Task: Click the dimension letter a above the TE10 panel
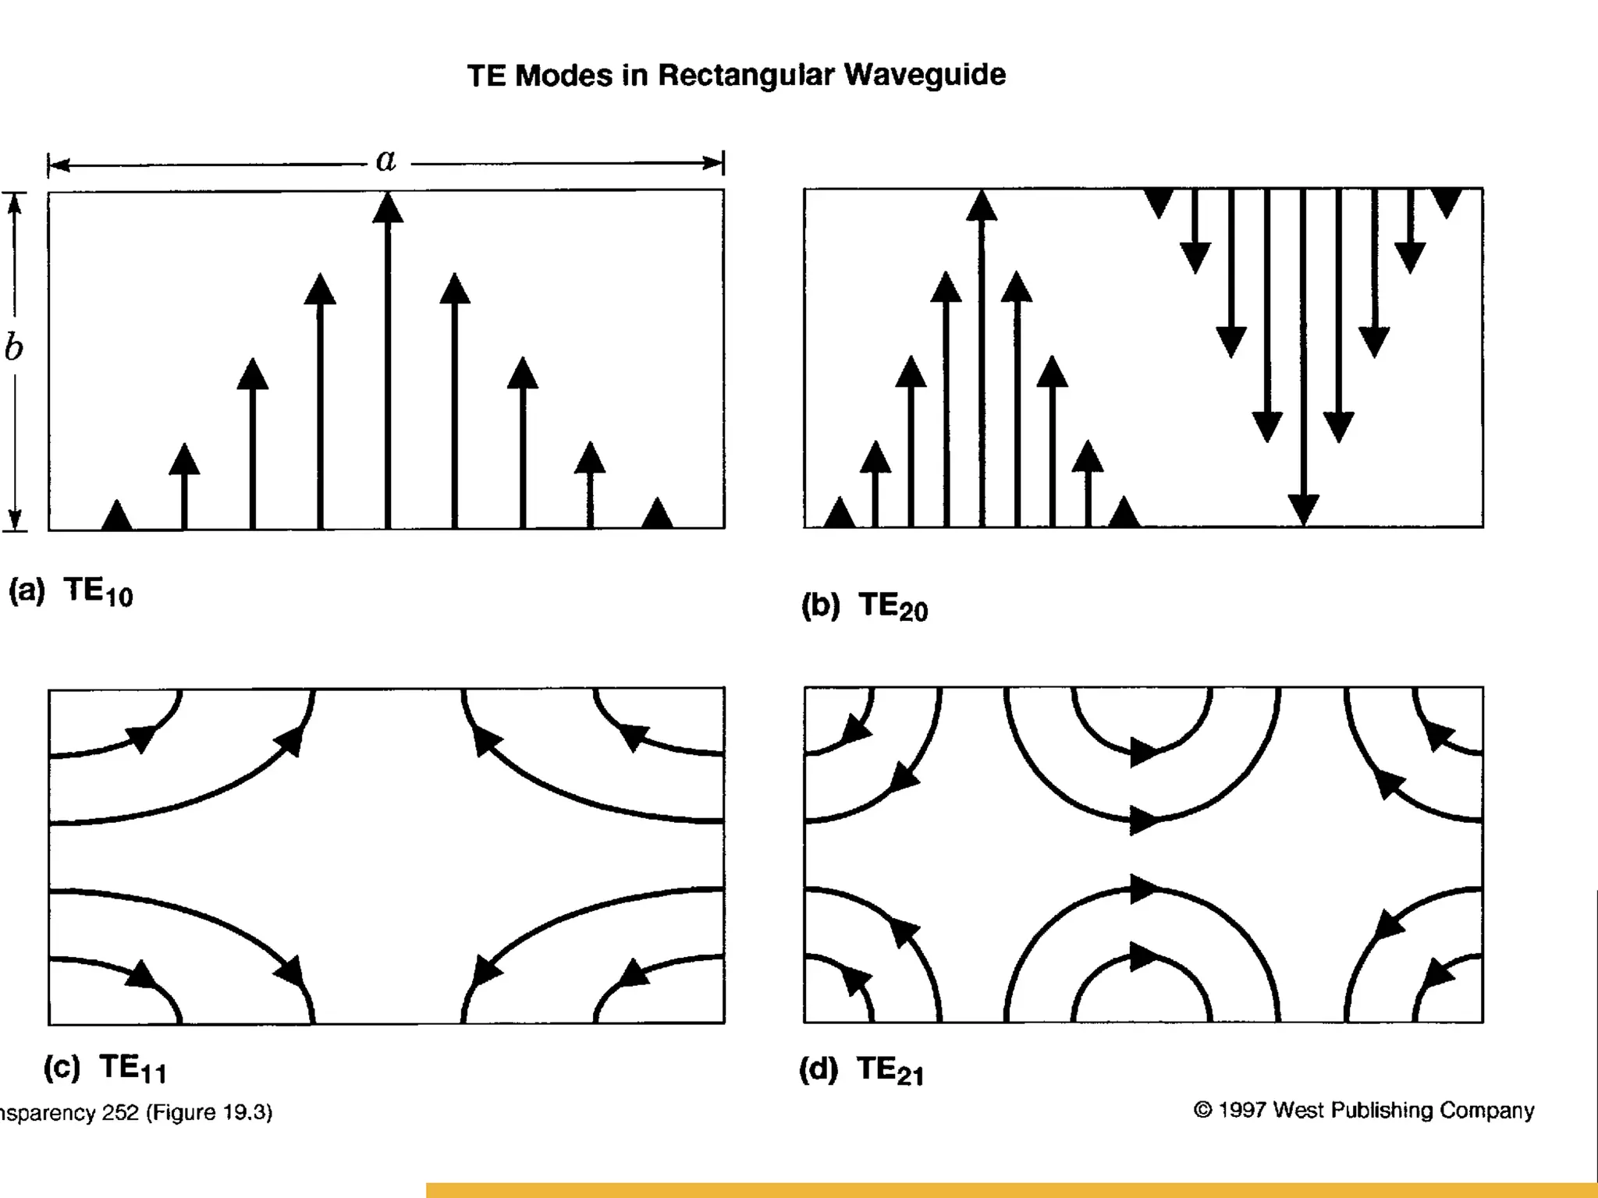tap(385, 160)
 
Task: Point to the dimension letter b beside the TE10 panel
tap(13, 347)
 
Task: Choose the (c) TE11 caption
tap(105, 1068)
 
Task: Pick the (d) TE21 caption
tap(862, 1069)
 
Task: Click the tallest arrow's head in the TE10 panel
tap(388, 207)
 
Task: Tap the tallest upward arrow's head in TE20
tap(982, 206)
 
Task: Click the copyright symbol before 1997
tap(1202, 1110)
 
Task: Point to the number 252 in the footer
tap(120, 1112)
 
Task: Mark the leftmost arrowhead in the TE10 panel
tap(117, 515)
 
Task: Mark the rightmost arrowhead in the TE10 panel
tap(657, 513)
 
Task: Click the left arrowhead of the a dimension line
tap(58, 165)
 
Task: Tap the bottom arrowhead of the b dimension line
tap(14, 519)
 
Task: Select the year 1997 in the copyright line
tap(1243, 1110)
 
